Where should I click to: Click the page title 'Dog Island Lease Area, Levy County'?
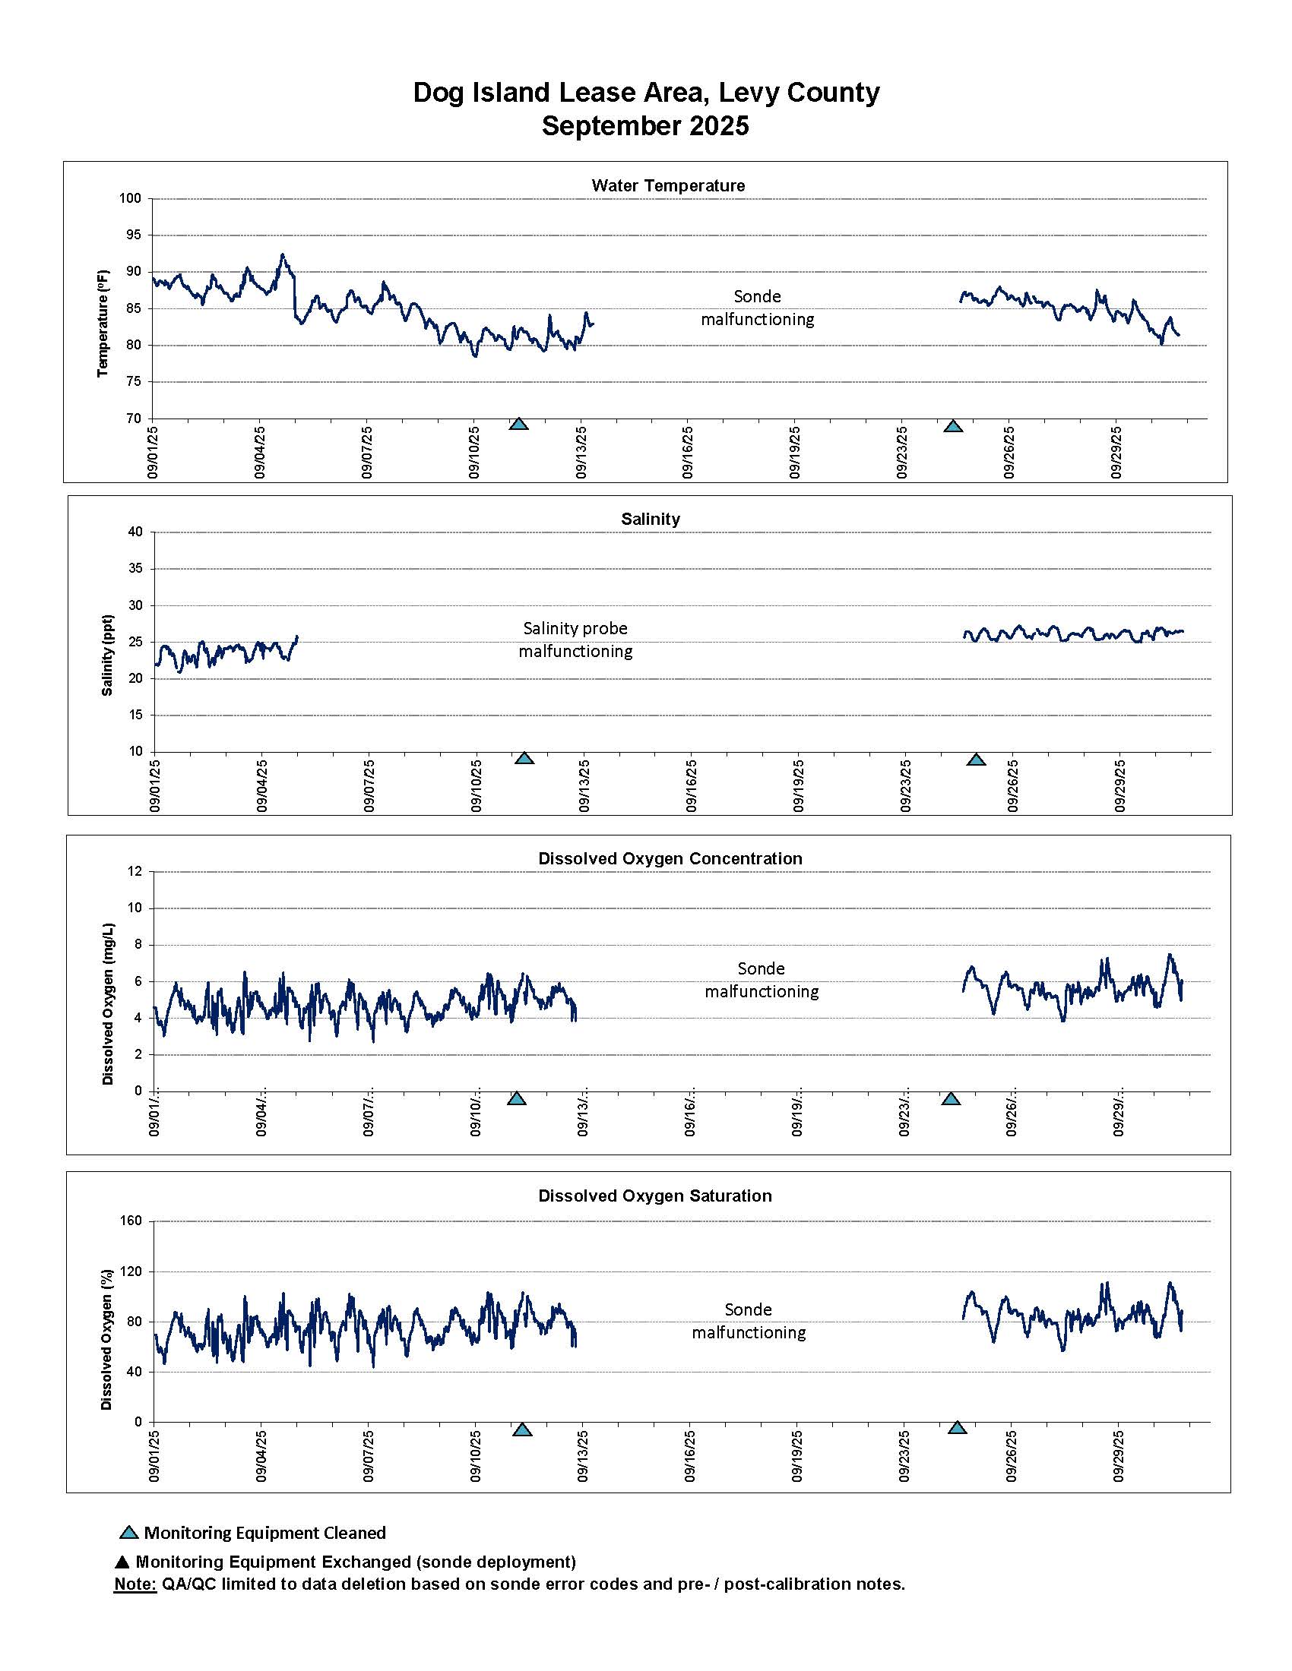645,93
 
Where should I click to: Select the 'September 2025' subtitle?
645,125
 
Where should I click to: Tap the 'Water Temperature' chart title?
667,185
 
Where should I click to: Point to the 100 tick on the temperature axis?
130,199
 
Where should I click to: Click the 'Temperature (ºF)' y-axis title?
103,323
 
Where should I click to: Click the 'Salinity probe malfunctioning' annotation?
575,640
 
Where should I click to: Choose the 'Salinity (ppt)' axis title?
107,655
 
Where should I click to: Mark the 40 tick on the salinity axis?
135,532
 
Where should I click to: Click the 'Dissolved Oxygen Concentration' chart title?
670,858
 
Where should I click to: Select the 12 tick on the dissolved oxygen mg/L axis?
135,871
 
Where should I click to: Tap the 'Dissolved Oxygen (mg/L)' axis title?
108,1004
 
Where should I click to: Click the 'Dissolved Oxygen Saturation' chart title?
654,1196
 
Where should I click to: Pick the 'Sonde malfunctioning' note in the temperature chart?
757,308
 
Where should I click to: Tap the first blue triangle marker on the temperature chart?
519,424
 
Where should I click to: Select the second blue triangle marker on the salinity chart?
976,760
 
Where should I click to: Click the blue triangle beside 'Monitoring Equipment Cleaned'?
129,1533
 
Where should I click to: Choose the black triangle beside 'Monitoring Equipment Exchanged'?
122,1562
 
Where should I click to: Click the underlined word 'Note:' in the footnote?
135,1584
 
